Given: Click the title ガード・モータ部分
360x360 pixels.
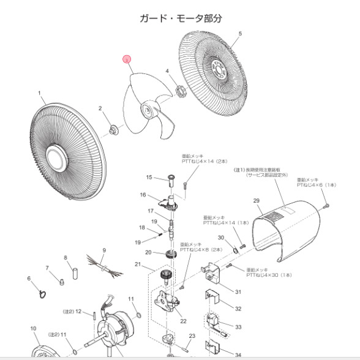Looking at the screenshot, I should pyautogui.click(x=180, y=18).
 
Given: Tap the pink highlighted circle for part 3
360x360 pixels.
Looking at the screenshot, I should pyautogui.click(x=127, y=60).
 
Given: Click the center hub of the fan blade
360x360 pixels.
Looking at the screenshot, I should pyautogui.click(x=149, y=110).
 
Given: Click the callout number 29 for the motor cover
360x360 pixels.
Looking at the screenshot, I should pyautogui.click(x=257, y=201).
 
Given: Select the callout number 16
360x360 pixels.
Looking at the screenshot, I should pyautogui.click(x=143, y=195).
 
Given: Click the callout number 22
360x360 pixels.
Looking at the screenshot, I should pyautogui.click(x=183, y=320).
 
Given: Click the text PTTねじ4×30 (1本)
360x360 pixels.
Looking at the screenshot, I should pyautogui.click(x=269, y=276).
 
